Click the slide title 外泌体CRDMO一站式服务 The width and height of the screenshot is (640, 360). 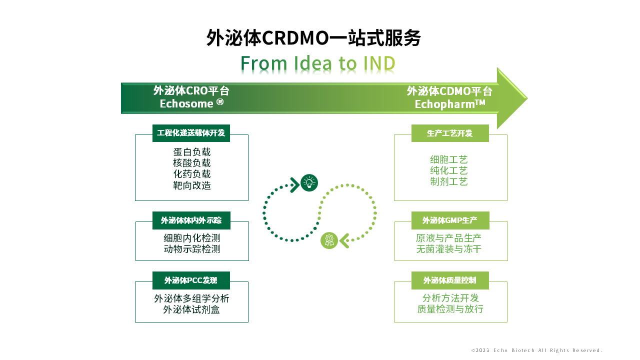point(313,38)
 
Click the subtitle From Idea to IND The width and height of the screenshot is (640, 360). point(318,64)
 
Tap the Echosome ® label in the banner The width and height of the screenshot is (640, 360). point(191,103)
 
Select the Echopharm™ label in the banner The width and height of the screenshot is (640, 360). point(450,104)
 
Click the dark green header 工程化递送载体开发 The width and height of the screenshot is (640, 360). point(191,133)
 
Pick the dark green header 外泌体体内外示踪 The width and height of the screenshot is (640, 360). point(191,220)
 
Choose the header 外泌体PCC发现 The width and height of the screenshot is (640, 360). point(191,280)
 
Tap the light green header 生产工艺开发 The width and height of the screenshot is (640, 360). point(450,133)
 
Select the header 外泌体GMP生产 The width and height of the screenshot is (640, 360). point(450,220)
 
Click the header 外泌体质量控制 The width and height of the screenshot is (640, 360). point(450,280)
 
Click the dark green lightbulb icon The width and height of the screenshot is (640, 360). point(309,183)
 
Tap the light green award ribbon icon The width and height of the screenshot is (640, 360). point(329,240)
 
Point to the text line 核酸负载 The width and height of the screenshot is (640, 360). point(192,163)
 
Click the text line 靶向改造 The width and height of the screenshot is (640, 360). point(192,185)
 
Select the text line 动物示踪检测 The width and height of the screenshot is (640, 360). point(192,249)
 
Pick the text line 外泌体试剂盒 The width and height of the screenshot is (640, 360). point(191,309)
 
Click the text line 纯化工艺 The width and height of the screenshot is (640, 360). point(449,170)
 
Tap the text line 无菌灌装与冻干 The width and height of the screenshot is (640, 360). point(449,249)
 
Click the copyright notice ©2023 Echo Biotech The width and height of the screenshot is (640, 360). point(536,350)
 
